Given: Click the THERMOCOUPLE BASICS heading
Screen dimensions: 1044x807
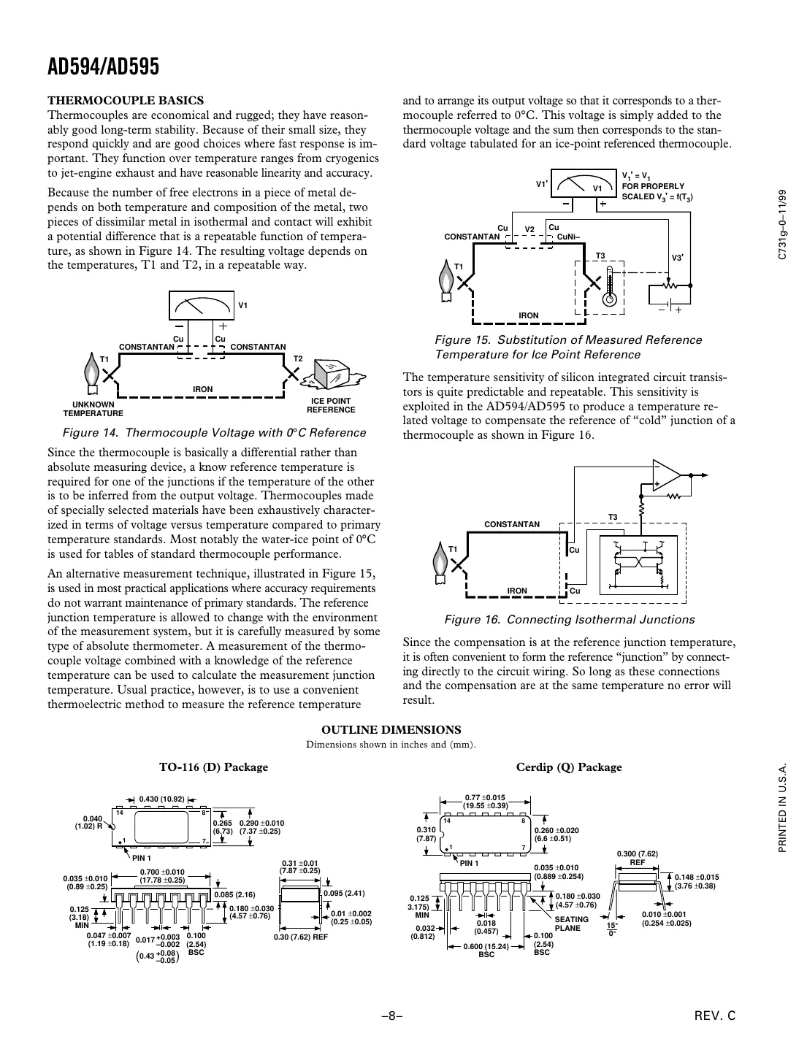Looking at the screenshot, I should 126,101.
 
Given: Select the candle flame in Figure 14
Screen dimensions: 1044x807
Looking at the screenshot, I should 91,371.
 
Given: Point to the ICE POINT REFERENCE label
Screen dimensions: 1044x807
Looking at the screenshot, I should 331,405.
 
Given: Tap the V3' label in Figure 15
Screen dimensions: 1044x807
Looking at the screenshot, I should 678,258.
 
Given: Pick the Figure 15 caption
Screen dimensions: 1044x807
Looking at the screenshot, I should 568,347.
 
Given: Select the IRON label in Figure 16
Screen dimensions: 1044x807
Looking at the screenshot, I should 517,591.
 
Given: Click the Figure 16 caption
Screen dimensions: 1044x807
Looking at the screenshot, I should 570,620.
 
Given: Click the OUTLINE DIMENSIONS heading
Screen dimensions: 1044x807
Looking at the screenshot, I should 391,730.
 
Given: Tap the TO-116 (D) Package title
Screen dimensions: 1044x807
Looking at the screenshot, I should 214,767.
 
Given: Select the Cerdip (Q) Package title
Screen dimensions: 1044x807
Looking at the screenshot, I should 569,767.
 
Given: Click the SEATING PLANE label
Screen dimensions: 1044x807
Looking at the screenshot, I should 571,924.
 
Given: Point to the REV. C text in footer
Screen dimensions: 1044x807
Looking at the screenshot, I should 719,1016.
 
